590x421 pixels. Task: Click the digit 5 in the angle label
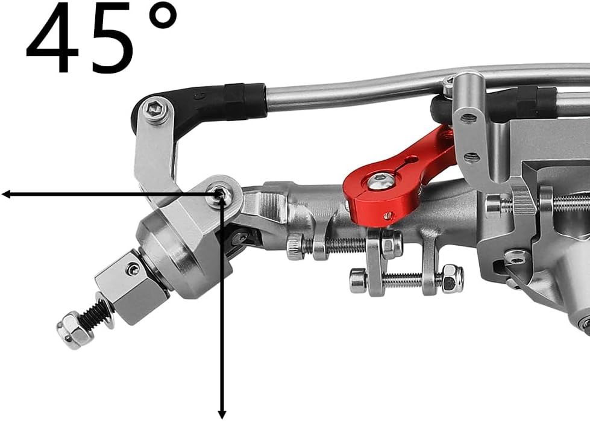[x=111, y=40]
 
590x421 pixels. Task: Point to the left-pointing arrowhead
[x=7, y=195]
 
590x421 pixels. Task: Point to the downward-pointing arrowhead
[x=222, y=413]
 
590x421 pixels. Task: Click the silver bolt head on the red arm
[x=377, y=182]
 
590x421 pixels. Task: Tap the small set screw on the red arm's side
[x=388, y=216]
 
